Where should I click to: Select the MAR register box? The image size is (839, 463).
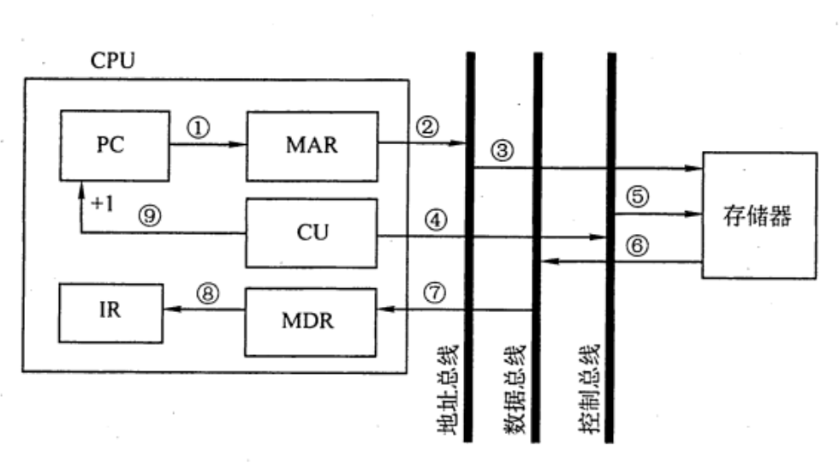312,145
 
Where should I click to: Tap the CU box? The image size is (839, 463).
312,233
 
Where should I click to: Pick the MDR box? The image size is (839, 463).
312,322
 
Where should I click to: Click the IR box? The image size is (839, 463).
110,310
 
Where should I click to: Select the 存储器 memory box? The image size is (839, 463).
759,214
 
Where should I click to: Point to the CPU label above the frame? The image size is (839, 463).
112,62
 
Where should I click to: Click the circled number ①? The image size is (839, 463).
199,128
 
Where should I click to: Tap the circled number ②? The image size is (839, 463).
426,127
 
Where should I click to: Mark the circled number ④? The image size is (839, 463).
437,219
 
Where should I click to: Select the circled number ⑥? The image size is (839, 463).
636,246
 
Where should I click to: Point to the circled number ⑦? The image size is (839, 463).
437,292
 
